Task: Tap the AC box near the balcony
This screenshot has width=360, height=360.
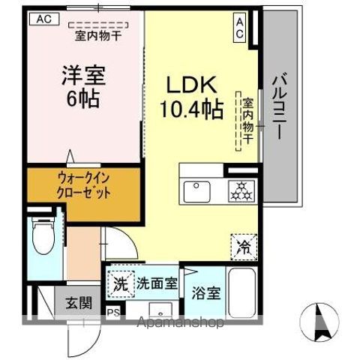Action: tap(240, 28)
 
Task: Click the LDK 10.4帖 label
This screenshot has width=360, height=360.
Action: tap(190, 97)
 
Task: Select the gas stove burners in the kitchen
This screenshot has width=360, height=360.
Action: tap(241, 190)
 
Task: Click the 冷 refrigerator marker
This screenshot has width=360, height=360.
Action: tap(243, 244)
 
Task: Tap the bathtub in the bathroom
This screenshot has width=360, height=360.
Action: tap(241, 293)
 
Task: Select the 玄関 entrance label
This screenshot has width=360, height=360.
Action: tap(76, 304)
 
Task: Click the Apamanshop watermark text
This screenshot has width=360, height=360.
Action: tap(180, 324)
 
